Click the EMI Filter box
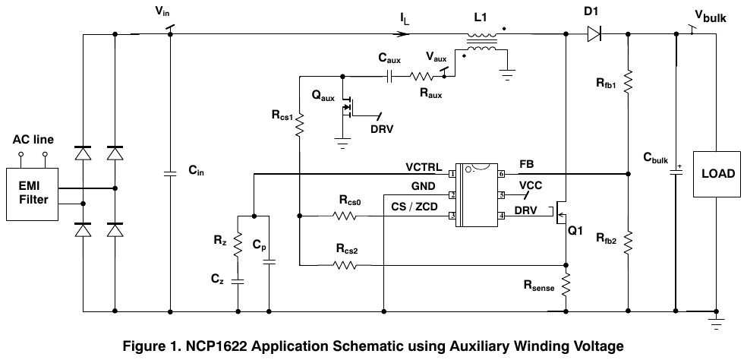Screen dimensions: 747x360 click(x=33, y=194)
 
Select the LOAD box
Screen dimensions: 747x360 click(x=717, y=174)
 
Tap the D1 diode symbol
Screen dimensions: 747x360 click(x=594, y=34)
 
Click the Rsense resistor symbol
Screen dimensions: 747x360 click(x=566, y=284)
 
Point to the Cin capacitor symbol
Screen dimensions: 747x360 click(x=170, y=174)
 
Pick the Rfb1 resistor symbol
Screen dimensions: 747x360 click(x=628, y=81)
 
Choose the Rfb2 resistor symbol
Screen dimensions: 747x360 click(x=628, y=242)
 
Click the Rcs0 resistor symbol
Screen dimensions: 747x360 click(x=345, y=216)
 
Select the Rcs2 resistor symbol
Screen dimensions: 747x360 click(x=345, y=264)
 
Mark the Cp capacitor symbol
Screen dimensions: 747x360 click(x=269, y=261)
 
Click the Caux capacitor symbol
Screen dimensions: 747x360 click(x=389, y=76)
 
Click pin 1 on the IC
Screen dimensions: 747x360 click(x=451, y=174)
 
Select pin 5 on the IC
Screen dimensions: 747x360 click(x=501, y=195)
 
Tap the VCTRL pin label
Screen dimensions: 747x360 click(x=424, y=167)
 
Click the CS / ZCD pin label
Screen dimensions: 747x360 click(x=414, y=207)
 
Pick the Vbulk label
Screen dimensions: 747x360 click(x=711, y=16)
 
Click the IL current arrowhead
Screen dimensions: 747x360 click(x=403, y=34)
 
